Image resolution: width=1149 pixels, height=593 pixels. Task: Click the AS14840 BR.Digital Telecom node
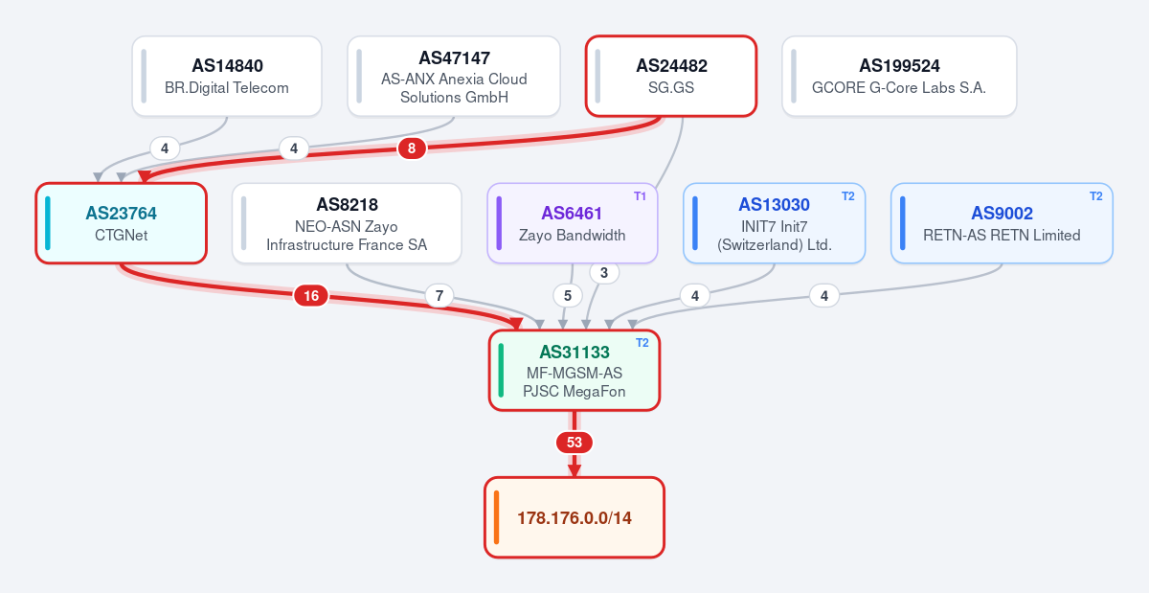(x=227, y=76)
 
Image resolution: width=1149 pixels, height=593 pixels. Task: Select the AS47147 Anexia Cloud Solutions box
(x=454, y=76)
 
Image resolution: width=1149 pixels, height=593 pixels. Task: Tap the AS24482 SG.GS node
(x=671, y=76)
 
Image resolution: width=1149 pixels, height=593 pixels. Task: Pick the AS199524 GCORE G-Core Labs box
(x=899, y=76)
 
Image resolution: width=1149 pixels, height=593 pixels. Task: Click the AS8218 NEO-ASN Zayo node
(x=347, y=223)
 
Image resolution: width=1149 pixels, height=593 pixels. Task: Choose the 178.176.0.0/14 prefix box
(x=574, y=517)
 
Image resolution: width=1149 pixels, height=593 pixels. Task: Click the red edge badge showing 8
(x=412, y=148)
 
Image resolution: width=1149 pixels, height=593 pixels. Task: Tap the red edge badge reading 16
(x=311, y=296)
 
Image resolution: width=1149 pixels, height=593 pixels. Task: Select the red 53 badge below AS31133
(x=574, y=443)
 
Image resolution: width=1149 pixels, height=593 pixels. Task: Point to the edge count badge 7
(x=439, y=296)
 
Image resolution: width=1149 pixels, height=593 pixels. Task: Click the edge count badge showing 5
(x=567, y=296)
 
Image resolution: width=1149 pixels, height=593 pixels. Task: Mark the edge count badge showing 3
(x=604, y=273)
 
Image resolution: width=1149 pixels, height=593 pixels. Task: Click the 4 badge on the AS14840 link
(x=164, y=148)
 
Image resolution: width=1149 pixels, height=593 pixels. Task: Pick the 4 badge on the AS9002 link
(x=824, y=296)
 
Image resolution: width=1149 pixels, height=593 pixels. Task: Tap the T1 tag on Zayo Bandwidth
(x=640, y=196)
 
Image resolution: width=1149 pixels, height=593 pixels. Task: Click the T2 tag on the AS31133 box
(x=642, y=343)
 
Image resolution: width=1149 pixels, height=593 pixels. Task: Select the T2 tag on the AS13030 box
(x=848, y=196)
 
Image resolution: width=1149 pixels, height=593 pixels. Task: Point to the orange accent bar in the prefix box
(x=496, y=517)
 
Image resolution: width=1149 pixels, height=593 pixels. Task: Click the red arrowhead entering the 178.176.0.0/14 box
(x=574, y=470)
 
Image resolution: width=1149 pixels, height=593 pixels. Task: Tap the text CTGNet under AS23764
(x=121, y=235)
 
